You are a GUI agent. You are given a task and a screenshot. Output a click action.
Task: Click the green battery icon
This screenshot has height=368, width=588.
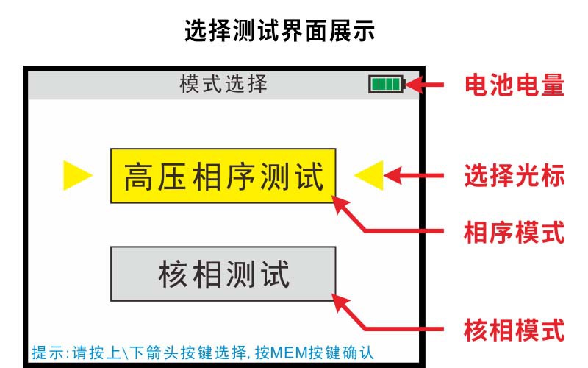tap(387, 84)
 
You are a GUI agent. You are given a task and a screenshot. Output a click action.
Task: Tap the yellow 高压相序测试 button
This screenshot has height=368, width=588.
tap(223, 176)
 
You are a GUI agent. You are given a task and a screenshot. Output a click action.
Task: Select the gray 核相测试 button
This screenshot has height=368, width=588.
tap(223, 274)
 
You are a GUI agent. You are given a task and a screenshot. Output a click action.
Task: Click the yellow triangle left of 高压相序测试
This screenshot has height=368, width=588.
tap(78, 175)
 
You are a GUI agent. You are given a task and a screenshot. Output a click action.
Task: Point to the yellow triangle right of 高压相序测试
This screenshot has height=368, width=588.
tap(369, 175)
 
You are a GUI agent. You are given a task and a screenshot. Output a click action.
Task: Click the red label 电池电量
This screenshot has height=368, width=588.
tap(514, 85)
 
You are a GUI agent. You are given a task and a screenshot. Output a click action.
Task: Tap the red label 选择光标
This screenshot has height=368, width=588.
tap(514, 175)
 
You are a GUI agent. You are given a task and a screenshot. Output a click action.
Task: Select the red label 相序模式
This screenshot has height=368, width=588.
tap(514, 233)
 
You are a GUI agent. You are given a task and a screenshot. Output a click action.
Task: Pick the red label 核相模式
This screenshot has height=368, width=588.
tap(514, 330)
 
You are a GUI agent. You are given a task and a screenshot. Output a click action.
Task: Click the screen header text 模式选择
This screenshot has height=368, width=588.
tap(223, 84)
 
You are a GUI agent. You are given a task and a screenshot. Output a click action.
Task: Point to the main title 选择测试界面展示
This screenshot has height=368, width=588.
tap(280, 31)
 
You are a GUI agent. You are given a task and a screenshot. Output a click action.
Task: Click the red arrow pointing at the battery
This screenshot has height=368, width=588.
tap(425, 85)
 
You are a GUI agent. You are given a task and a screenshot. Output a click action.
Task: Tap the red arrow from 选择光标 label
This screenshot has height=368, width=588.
tap(414, 175)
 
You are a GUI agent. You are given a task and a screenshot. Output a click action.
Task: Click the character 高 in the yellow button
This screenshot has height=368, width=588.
tap(138, 177)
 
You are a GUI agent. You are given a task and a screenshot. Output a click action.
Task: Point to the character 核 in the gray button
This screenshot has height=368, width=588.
tap(173, 274)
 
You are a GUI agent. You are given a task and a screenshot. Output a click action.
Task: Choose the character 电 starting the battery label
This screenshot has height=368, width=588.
tap(476, 85)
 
